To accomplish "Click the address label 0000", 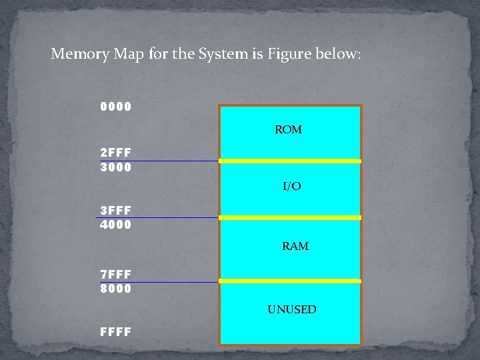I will click(x=116, y=107).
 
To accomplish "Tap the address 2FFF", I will click(x=116, y=152).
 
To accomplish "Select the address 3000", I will click(x=116, y=167).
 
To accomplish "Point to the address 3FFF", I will click(x=116, y=209).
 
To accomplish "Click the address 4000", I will click(x=116, y=225).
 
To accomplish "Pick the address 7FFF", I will click(x=116, y=274).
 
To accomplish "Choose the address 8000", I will click(x=116, y=289).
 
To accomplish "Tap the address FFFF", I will click(x=116, y=331).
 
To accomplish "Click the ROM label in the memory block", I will click(x=289, y=129).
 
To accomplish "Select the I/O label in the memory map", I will click(x=292, y=187).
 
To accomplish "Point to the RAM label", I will click(x=295, y=246).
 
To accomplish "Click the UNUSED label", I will click(x=292, y=309).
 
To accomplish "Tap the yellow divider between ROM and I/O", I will click(x=290, y=161).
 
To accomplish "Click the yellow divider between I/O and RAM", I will click(x=290, y=217).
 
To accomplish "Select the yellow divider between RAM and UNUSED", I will click(x=290, y=281).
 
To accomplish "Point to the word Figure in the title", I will click(x=291, y=53).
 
